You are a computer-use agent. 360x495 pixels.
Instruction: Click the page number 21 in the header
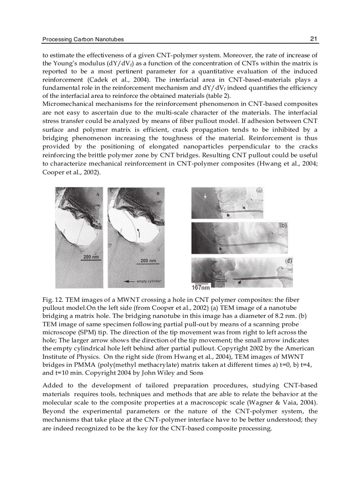click(314, 39)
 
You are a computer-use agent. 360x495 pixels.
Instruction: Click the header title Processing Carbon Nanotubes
click(83, 40)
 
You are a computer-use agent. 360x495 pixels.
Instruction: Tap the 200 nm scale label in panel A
click(91, 257)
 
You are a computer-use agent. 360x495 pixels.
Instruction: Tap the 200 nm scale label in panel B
click(148, 261)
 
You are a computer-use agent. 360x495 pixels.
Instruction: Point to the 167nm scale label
click(201, 287)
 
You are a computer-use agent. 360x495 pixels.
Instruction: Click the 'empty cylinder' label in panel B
click(149, 280)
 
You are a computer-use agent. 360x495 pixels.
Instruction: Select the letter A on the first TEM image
click(97, 194)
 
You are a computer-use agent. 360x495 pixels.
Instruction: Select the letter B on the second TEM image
click(158, 194)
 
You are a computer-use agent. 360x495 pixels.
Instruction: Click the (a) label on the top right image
click(259, 190)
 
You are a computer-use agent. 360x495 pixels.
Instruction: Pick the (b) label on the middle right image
click(283, 225)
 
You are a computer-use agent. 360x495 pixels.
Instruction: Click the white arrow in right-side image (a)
click(205, 198)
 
